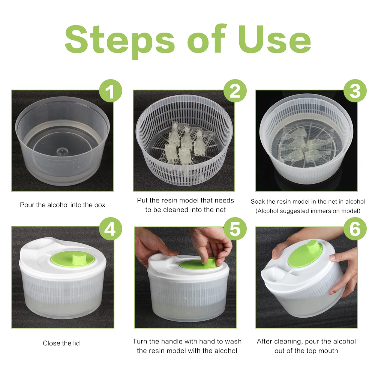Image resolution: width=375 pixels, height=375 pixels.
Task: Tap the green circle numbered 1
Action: coord(111,91)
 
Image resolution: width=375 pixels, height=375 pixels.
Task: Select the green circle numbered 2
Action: coord(235,91)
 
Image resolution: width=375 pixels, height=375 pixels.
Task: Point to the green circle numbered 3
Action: coord(355,91)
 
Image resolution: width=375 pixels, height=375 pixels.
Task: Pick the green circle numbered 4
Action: coord(111,229)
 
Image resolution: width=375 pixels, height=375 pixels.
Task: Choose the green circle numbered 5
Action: coord(235,229)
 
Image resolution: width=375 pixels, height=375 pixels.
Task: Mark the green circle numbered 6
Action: coord(355,229)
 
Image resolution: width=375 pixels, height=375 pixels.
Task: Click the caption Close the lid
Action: coord(61,343)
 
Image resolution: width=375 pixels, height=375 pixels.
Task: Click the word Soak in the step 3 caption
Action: coord(258,202)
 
